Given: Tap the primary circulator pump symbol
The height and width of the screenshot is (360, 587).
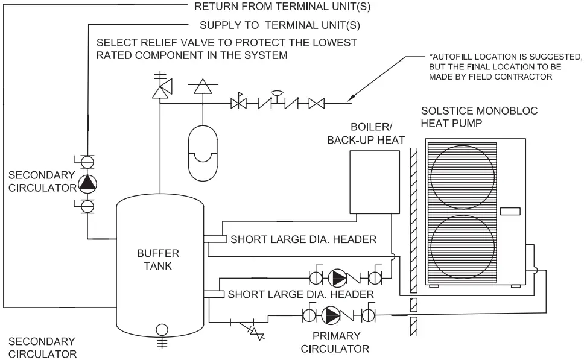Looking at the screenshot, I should pos(331,314).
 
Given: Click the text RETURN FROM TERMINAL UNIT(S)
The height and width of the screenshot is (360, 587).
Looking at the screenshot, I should pos(281,8).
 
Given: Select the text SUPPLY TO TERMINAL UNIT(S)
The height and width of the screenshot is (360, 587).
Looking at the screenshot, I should pos(280,26).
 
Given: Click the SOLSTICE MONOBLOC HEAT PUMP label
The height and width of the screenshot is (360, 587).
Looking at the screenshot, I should pos(479,118).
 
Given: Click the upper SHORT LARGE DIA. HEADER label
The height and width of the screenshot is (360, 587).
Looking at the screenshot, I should pos(303,239).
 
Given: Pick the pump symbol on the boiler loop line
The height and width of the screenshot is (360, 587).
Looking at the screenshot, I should pos(338,278).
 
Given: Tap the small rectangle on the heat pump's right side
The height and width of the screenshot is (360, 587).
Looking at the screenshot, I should pos(509,211).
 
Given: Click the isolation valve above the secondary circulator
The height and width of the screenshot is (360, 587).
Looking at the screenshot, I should pos(88,162).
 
